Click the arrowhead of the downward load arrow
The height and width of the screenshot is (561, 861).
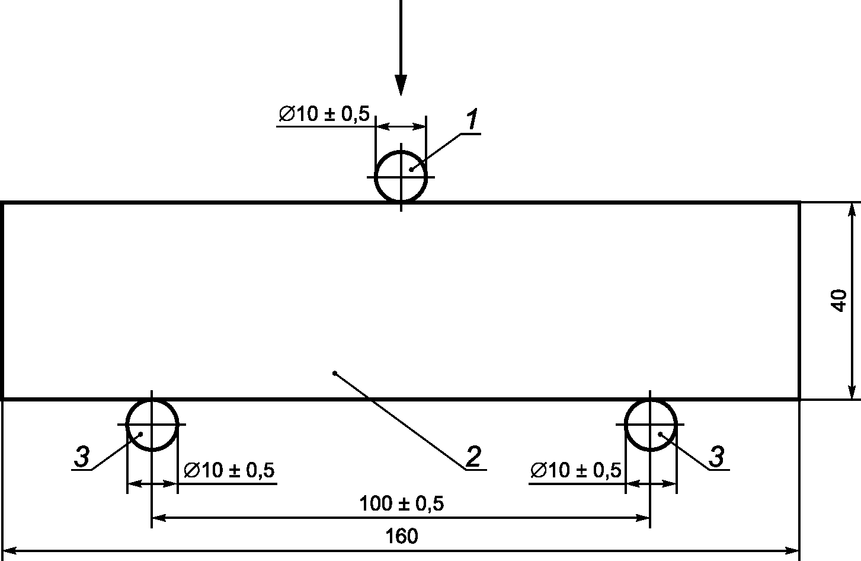(x=401, y=85)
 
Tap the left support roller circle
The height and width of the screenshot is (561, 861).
(x=127, y=425)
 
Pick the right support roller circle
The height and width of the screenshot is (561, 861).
(x=625, y=425)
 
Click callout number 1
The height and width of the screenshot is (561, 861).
(x=472, y=119)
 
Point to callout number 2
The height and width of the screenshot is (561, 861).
(x=473, y=457)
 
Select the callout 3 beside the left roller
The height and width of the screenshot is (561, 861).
(x=82, y=457)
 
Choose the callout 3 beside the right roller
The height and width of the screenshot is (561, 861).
(x=716, y=457)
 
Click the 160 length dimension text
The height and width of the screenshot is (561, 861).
(x=401, y=536)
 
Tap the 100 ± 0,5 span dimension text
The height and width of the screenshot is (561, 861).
(x=401, y=503)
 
